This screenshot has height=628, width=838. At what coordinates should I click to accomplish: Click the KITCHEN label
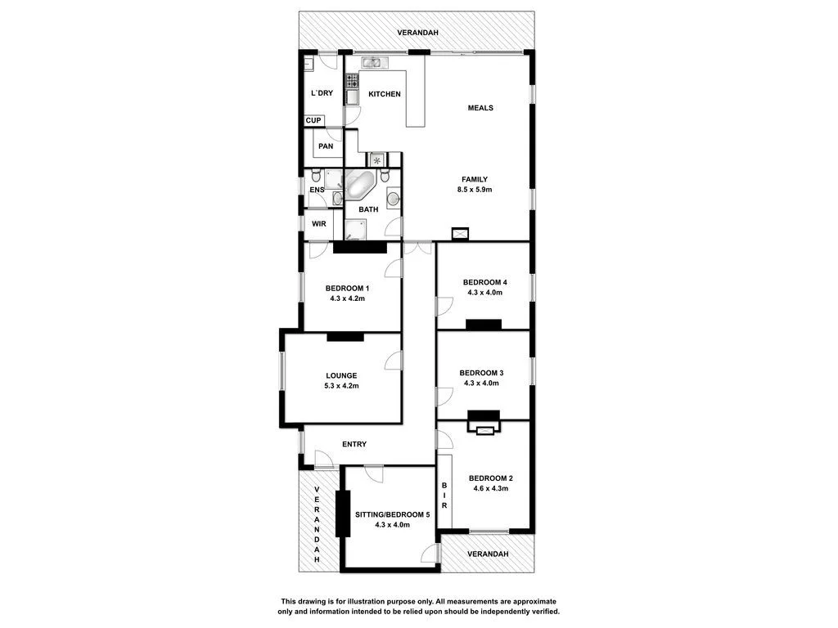pos(385,94)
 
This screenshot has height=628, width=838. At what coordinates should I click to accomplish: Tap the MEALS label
pos(480,108)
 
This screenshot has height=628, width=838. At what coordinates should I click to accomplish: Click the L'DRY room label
pos(322,93)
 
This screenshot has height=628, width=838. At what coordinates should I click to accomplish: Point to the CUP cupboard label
pos(313,121)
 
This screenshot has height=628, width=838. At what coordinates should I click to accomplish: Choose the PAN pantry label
pos(326,146)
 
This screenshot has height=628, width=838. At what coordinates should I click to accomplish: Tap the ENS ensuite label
pos(317,191)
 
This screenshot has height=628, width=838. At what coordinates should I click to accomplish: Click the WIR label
pos(318,222)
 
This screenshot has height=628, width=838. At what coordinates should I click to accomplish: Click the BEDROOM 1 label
pos(347,288)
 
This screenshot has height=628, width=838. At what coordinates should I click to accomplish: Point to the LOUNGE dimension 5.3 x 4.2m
pos(341,386)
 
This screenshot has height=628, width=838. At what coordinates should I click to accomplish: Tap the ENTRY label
pos(354,444)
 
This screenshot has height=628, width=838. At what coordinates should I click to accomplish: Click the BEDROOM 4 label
pos(484,282)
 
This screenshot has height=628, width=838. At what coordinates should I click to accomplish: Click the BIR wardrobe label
pos(444,496)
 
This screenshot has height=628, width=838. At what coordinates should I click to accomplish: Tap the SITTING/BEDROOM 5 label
pos(392,514)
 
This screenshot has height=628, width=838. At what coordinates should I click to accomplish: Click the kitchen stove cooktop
pos(352,80)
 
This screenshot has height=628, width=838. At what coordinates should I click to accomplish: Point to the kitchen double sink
pos(372,62)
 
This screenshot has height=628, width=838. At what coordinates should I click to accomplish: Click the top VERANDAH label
pos(418,33)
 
